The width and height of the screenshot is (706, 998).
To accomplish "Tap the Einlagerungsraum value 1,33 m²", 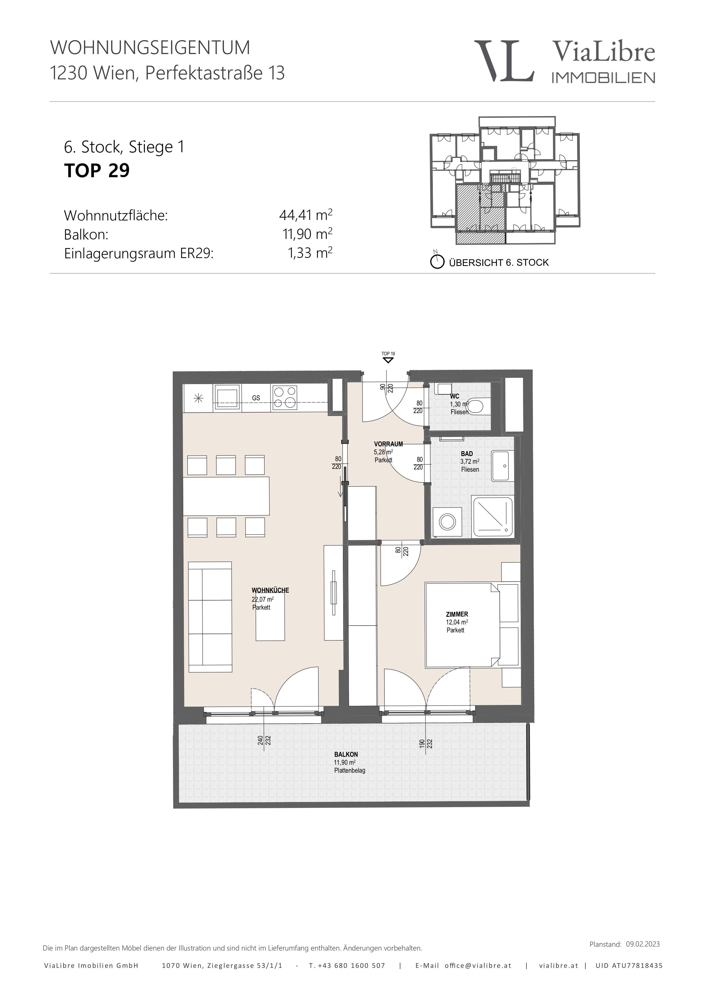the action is tap(310, 253).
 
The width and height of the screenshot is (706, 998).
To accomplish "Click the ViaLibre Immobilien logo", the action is tap(564, 61).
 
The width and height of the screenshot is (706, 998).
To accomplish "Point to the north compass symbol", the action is tap(437, 261).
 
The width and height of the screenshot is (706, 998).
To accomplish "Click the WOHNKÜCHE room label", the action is tap(270, 590).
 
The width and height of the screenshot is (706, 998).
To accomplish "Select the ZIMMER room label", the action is tap(457, 614).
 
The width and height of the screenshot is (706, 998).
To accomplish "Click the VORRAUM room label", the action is tap(388, 444).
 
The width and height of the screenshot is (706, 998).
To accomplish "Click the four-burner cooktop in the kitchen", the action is tap(285, 398).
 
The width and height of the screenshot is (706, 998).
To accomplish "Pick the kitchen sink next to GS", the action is tap(227, 397).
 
